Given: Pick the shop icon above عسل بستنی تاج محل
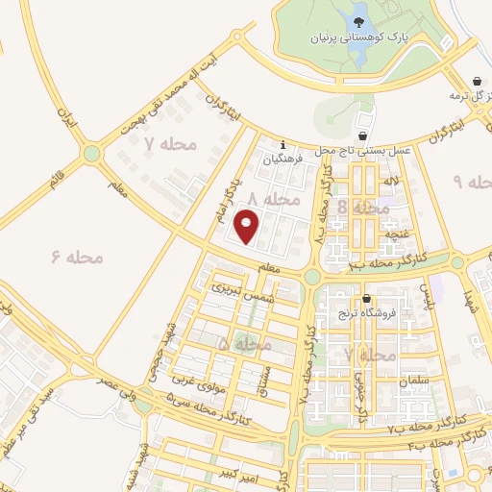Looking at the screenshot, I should tap(362, 136).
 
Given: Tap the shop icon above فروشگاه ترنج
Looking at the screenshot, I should tap(366, 299).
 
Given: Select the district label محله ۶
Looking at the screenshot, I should tap(78, 257).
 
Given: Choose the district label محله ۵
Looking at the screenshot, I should tap(237, 343).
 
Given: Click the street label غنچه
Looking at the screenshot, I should tap(397, 233).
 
